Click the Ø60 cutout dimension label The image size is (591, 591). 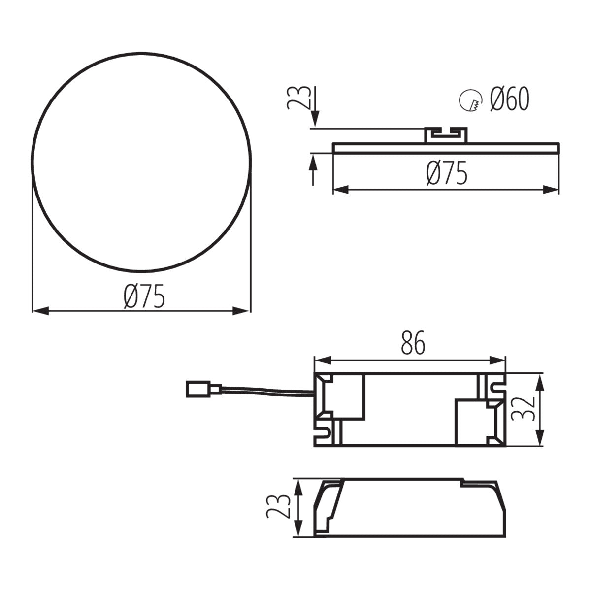click(510, 100)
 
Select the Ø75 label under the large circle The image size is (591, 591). click(144, 297)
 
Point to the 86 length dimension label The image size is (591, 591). click(413, 344)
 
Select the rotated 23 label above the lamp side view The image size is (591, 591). click(299, 97)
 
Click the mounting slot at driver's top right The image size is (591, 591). click(494, 386)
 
